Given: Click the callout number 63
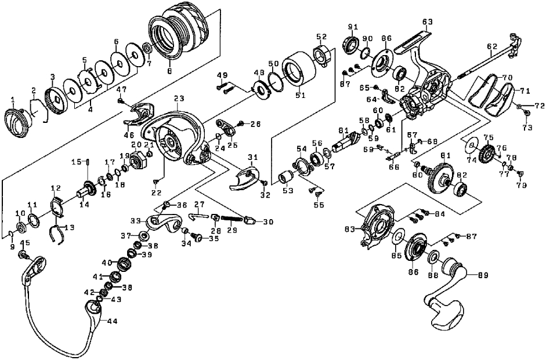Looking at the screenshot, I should point(428,22).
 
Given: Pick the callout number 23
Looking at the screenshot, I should point(178,98).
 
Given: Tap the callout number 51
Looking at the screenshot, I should point(300,95).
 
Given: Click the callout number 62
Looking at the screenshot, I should point(492,46).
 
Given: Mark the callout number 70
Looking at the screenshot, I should point(507,77).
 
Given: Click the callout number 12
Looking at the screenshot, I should point(56,188).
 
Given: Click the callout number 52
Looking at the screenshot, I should point(321,37).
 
